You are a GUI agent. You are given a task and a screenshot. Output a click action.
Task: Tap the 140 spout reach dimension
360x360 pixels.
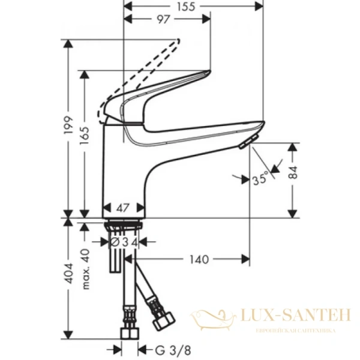tap(199, 259)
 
